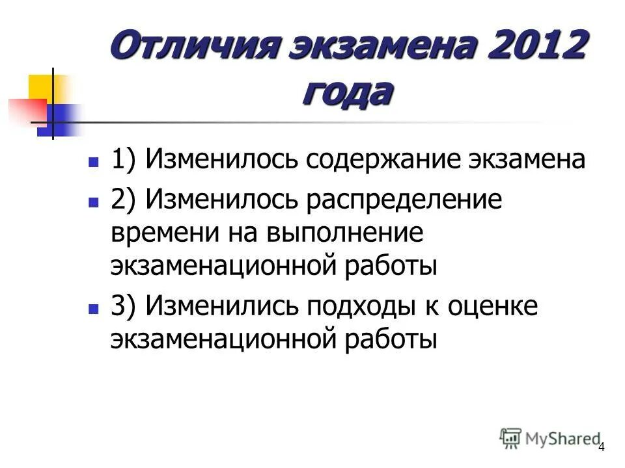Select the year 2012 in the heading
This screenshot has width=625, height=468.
(x=531, y=49)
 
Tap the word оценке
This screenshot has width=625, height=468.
(x=493, y=305)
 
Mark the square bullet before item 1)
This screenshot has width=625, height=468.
(x=93, y=160)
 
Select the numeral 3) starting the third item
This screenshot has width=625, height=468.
(x=122, y=305)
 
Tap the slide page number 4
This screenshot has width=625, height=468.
(x=601, y=447)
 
